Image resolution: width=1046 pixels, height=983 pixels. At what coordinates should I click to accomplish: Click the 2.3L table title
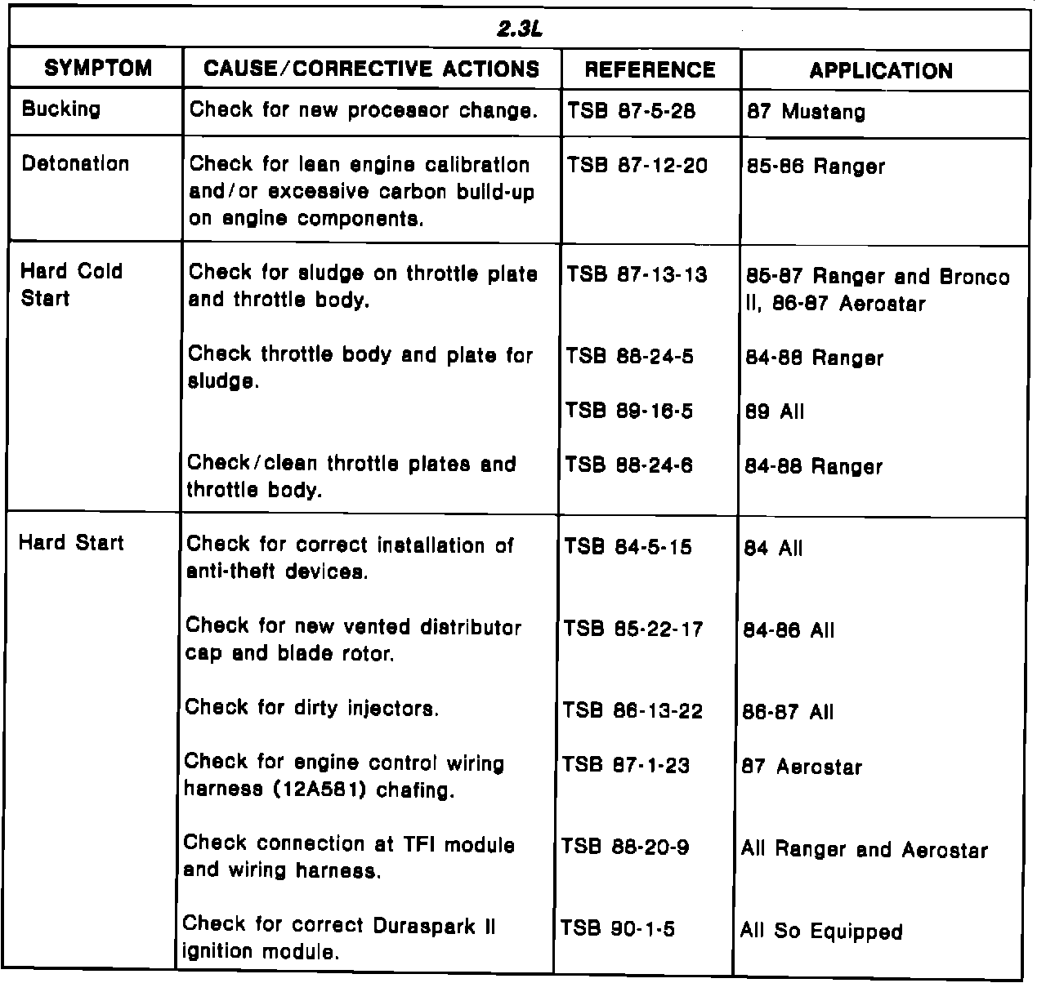pos(520,29)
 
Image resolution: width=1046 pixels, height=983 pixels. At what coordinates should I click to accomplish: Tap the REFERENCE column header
pos(650,70)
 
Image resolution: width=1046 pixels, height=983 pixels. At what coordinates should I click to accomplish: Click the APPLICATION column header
pos(881,71)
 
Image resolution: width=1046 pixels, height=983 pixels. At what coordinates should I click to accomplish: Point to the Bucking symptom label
pos(61,109)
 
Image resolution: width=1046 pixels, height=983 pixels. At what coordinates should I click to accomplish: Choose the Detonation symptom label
pos(75,163)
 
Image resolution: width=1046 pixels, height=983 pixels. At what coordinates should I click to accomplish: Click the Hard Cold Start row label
pos(71,284)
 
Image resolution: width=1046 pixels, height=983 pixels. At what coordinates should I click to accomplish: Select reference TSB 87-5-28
pos(631,112)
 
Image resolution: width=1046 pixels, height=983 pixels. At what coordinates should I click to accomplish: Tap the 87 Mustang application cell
pos(806,112)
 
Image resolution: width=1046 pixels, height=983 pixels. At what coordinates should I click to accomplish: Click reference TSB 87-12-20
pos(637,166)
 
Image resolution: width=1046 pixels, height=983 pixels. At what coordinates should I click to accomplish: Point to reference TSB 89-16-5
pos(629,411)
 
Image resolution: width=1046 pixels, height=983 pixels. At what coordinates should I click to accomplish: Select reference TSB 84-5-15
pos(628,546)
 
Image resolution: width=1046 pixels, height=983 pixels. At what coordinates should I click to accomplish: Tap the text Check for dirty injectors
pos(312,708)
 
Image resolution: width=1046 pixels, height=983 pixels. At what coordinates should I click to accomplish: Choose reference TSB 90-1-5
pos(618,928)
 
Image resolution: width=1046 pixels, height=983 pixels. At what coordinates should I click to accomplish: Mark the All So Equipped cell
pos(821,931)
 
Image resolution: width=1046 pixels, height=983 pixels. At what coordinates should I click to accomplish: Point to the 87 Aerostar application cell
pos(802,767)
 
